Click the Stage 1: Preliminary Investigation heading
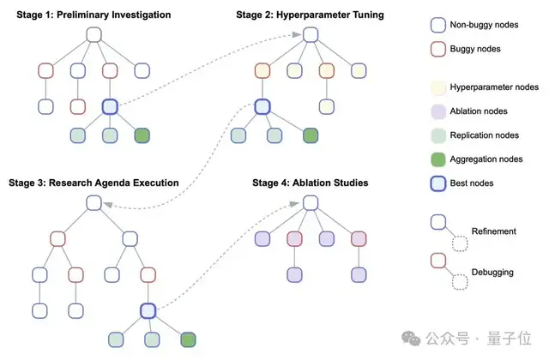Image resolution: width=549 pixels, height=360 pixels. tap(99, 15)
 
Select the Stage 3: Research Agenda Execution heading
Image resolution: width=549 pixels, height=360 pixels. tap(94, 183)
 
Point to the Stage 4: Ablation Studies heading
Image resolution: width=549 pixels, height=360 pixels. tap(311, 183)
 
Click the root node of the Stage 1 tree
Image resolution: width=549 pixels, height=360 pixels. tap(95, 35)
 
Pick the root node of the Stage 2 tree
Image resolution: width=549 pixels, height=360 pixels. tap(311, 35)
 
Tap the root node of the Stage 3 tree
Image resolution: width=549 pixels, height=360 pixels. tap(95, 203)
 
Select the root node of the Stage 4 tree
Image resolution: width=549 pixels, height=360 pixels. tap(311, 203)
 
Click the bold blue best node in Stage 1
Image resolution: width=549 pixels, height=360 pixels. tap(109, 106)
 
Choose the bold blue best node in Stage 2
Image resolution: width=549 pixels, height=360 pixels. tap(263, 106)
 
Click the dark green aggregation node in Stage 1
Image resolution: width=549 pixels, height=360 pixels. tap(142, 135)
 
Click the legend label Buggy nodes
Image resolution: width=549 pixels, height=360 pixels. tap(475, 49)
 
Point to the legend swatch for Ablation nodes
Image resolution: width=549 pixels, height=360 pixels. tap(437, 111)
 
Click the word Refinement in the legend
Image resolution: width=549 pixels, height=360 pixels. tap(495, 231)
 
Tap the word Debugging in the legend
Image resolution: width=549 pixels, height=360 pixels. tap(493, 272)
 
